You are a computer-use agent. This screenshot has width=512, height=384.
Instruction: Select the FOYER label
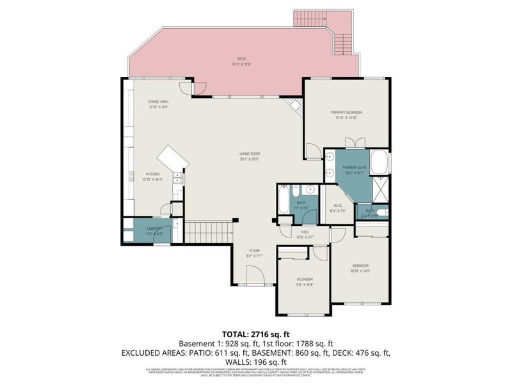pos(254,253)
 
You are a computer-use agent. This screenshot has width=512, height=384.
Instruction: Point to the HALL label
pos(305,234)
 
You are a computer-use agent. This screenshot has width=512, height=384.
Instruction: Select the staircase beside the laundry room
pos(207,232)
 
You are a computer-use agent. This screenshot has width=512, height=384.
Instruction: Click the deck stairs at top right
pos(315,19)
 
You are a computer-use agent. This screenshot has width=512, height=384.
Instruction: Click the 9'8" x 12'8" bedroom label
pos(305,282)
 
